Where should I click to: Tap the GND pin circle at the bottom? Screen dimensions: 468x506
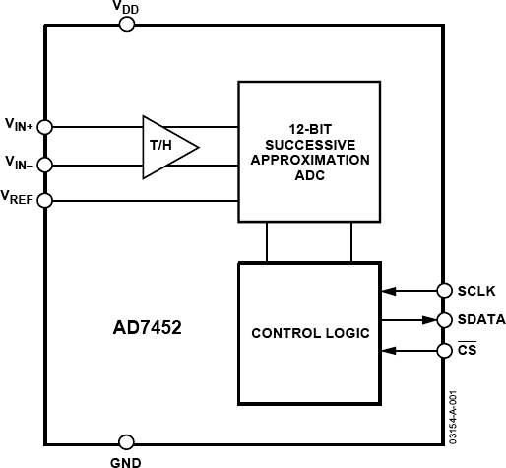[x=126, y=442]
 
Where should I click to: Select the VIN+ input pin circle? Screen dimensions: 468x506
[x=44, y=127]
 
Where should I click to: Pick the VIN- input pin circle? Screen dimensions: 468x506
[x=44, y=164]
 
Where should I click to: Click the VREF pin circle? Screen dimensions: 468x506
[x=44, y=199]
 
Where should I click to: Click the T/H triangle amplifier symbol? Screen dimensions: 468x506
[x=165, y=147]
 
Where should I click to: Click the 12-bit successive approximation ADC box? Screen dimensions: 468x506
[x=309, y=152]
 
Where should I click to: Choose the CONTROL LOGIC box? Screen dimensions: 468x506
[x=309, y=333]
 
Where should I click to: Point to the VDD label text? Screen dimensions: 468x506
[x=126, y=7]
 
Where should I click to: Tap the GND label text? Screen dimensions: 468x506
[x=126, y=460]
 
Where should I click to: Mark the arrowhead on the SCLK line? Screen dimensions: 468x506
[x=388, y=291]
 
